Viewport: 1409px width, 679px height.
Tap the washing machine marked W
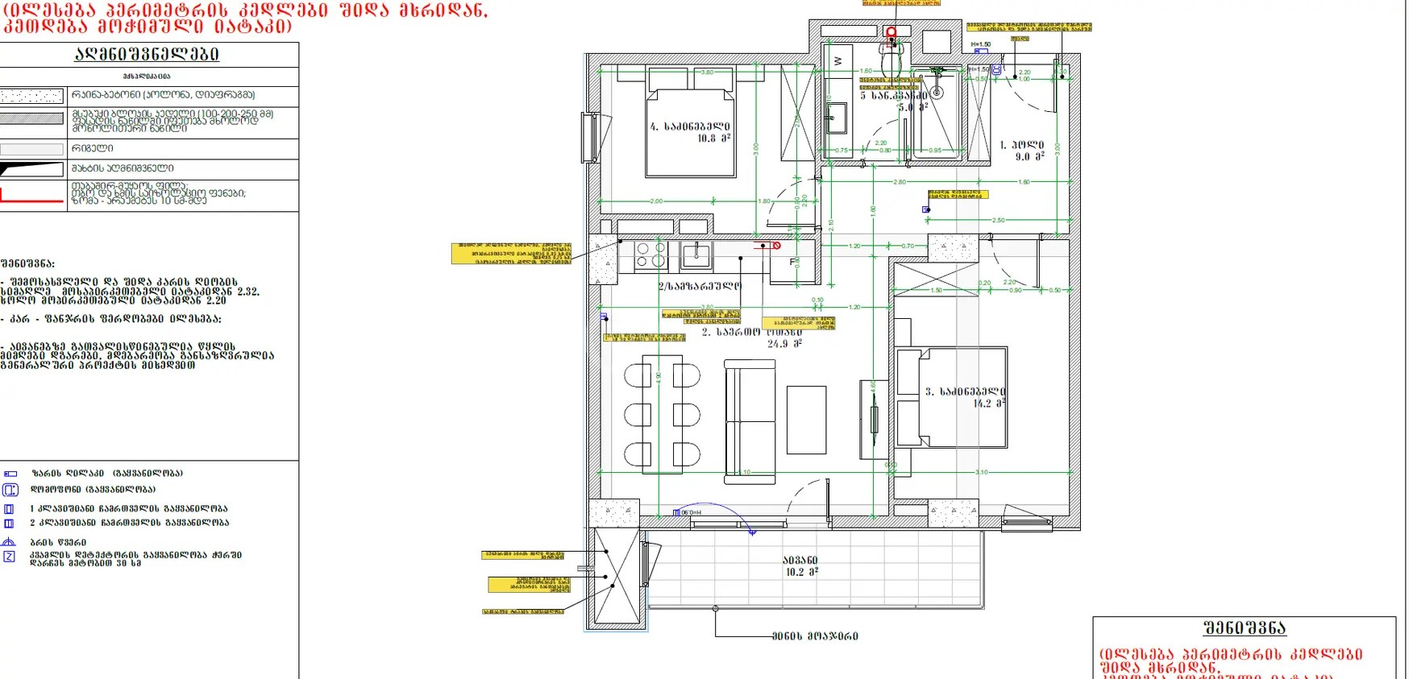click(838, 61)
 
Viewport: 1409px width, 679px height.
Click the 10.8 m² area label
click(713, 139)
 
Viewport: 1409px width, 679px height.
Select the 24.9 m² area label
click(783, 344)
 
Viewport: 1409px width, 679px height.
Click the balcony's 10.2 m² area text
click(801, 572)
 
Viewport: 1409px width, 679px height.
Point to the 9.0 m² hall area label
click(1029, 157)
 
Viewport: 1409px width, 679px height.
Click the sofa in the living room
click(750, 421)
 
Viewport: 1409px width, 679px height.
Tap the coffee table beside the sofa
click(806, 420)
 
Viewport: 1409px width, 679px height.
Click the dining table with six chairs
click(663, 415)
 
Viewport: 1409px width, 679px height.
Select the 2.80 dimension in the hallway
click(900, 182)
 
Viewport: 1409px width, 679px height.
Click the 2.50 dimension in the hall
click(998, 220)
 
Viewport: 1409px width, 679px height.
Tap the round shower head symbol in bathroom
click(937, 93)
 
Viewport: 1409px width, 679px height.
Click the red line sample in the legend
click(32, 197)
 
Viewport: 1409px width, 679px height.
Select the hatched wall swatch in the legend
click(32, 118)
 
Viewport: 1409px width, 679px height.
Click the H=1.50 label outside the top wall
click(980, 45)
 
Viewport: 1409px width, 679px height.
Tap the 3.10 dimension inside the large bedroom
click(981, 472)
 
